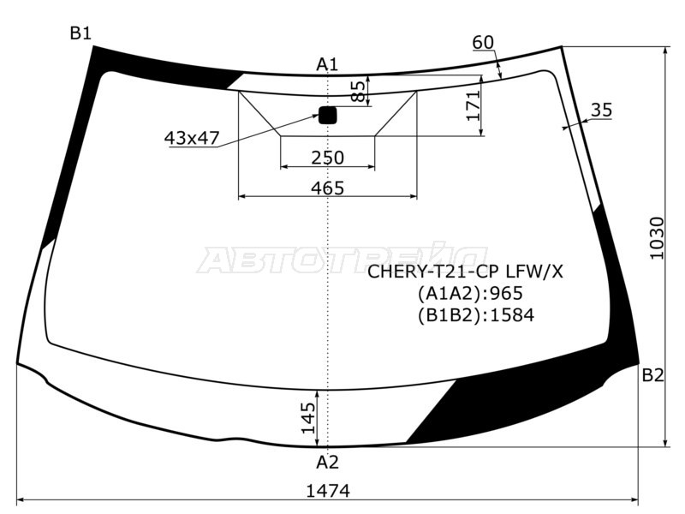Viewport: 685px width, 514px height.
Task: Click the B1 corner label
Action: (80, 33)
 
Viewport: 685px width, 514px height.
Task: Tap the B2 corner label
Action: (653, 374)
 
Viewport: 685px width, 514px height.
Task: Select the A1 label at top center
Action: (327, 64)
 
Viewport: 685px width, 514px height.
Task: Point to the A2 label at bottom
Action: (327, 463)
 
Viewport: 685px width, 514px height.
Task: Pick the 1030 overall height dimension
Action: (656, 239)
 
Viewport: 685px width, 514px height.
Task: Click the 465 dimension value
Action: (327, 188)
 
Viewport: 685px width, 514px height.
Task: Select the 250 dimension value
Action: (327, 158)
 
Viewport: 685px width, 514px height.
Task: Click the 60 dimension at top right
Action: (483, 42)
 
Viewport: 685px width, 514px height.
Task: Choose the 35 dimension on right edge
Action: (601, 110)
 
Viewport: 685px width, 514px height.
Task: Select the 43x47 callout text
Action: (192, 137)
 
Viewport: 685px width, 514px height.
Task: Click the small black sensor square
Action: (327, 116)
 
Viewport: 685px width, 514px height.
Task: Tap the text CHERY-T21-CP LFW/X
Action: (466, 272)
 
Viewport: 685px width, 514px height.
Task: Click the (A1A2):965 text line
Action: (470, 294)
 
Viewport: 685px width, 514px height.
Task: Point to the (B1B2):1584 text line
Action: (475, 315)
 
